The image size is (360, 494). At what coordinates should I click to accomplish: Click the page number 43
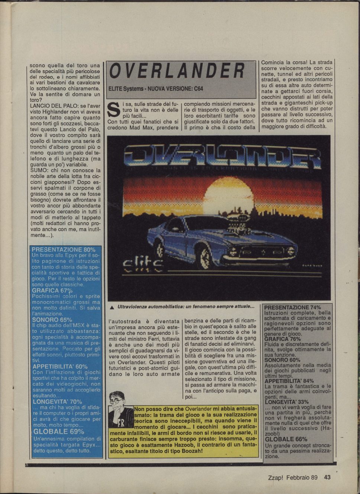327,477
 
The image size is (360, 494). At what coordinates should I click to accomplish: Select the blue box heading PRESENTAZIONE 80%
63,250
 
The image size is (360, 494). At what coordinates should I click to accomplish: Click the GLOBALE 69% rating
58,432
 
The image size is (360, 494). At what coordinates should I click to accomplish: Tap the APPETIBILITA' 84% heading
289,381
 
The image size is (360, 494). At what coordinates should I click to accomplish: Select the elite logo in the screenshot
143,265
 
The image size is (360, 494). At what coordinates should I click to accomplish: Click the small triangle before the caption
112,308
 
